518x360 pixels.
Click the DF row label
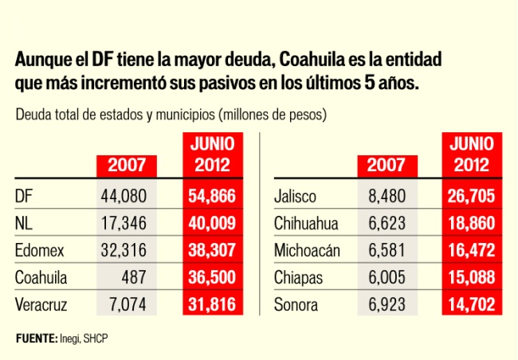click(x=24, y=196)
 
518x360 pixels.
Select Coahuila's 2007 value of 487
click(x=135, y=276)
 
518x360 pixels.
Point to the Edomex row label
click(x=39, y=250)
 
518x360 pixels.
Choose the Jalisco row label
click(x=295, y=196)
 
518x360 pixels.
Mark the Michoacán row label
click(x=307, y=250)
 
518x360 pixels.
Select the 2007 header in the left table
click(x=127, y=166)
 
